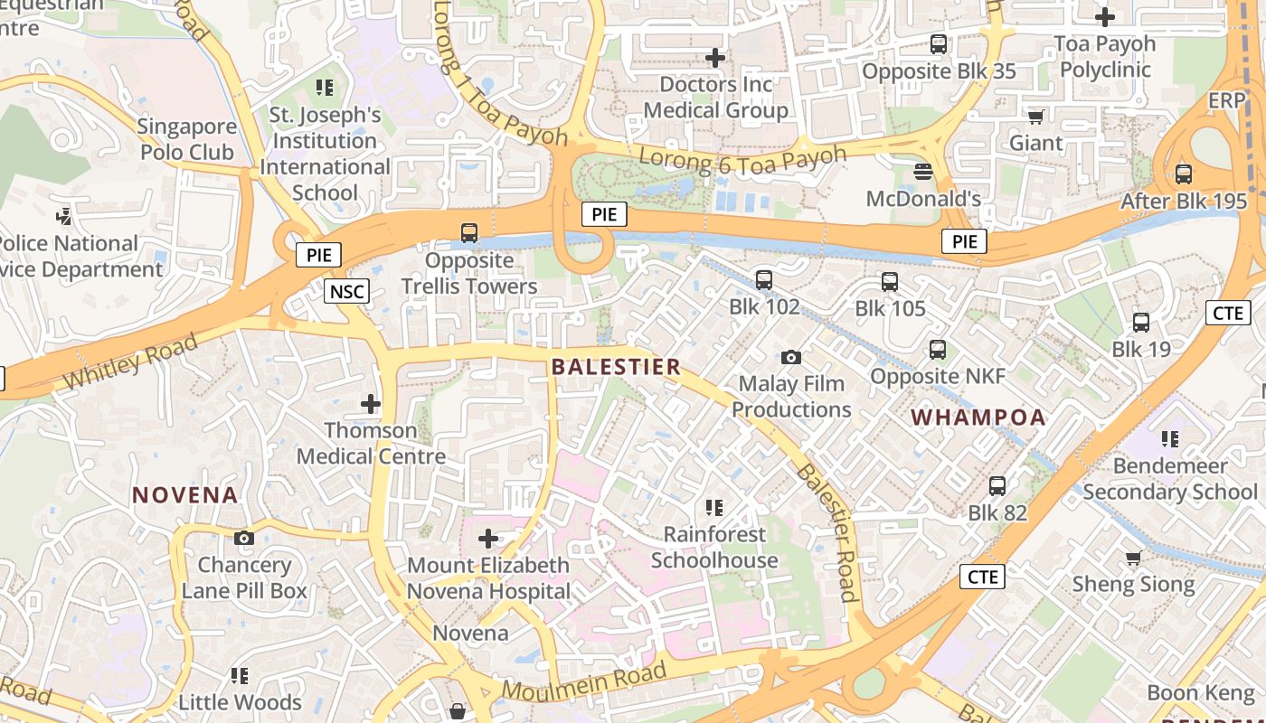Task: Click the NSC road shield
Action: (347, 291)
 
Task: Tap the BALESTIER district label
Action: (616, 367)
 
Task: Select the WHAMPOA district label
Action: (978, 418)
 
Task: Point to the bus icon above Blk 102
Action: (764, 280)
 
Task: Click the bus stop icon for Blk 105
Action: (890, 282)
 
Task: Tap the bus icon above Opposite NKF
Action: (938, 350)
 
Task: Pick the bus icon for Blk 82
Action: (997, 486)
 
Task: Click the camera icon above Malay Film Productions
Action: (791, 358)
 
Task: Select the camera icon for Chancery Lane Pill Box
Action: (243, 539)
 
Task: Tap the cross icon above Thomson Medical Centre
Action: (371, 404)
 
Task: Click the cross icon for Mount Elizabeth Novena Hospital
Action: (488, 540)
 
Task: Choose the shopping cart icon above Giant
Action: (1036, 117)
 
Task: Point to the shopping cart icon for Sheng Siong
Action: (1133, 558)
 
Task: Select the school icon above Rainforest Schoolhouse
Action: (714, 508)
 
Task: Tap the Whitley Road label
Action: (130, 361)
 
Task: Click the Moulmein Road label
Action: (584, 682)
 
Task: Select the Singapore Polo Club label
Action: (187, 139)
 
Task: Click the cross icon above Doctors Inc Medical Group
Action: (715, 59)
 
